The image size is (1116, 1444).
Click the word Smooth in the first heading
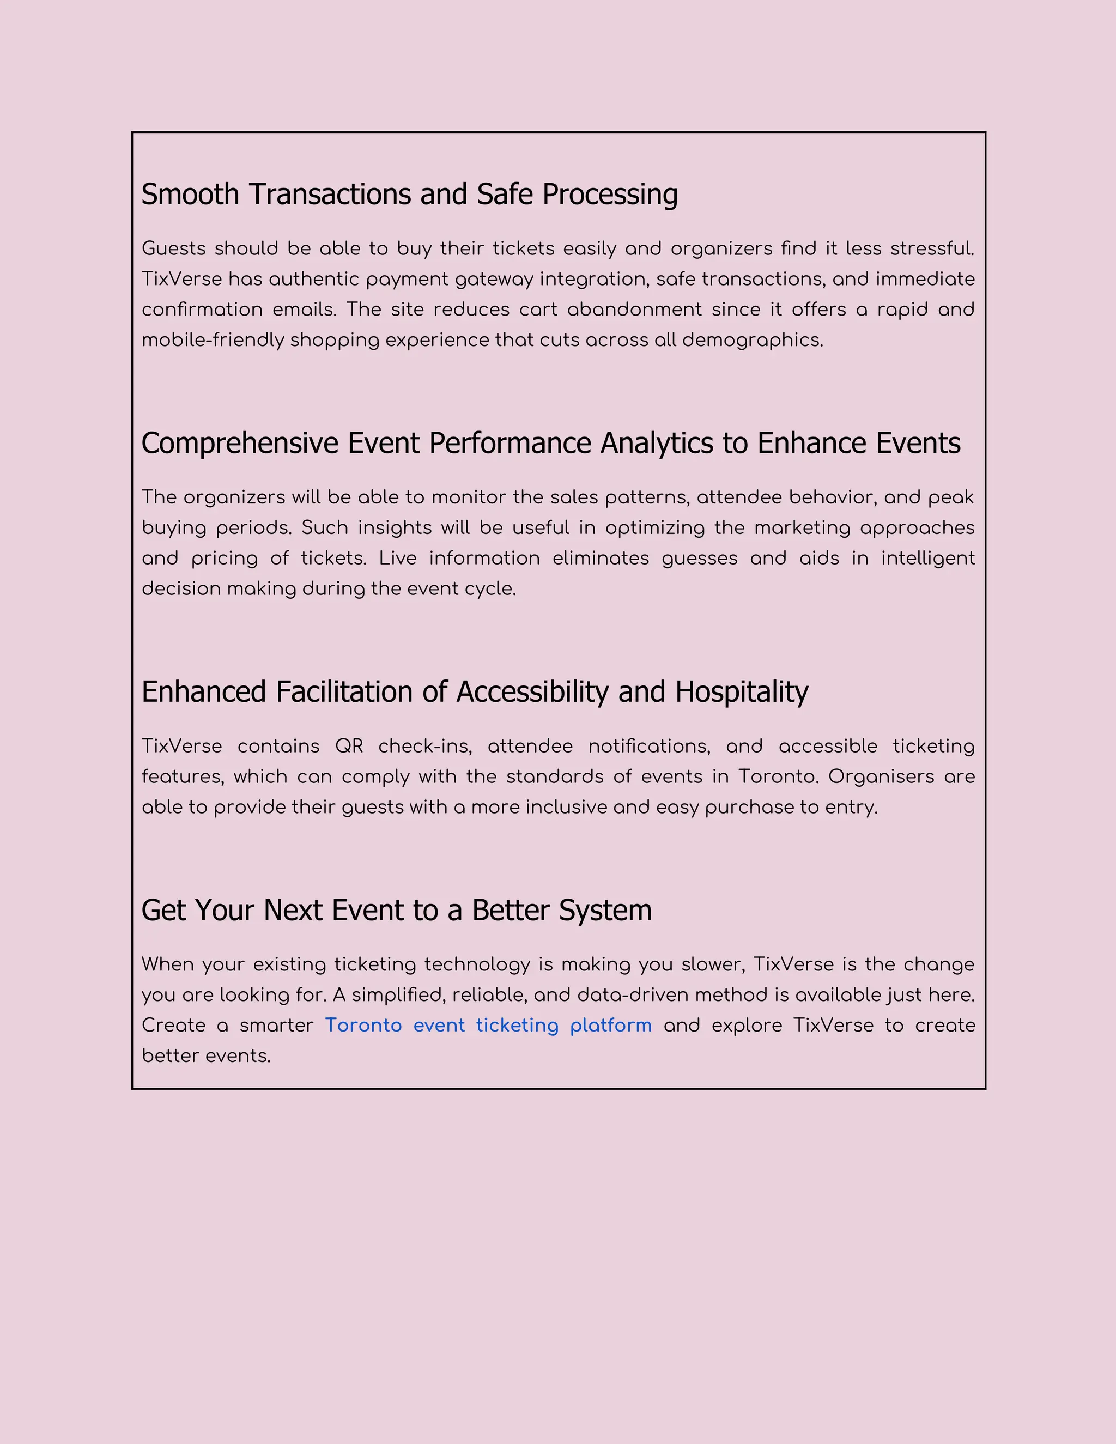tap(190, 195)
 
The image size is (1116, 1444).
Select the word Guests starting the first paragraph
tap(174, 248)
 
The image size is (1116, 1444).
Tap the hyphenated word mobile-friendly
tap(213, 340)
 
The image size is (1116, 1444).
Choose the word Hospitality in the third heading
tap(741, 692)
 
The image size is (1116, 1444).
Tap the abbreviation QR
tap(349, 746)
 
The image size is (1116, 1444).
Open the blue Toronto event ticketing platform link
tap(488, 1025)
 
